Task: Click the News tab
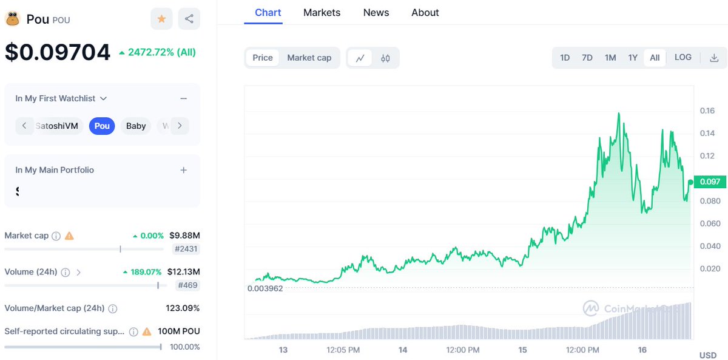tap(376, 13)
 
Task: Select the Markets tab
tap(322, 13)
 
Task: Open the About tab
tap(425, 13)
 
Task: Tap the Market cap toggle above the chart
tap(309, 58)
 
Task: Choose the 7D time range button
tap(587, 58)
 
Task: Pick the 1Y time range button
tap(633, 58)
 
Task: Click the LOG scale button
tap(682, 58)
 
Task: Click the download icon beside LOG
tap(714, 58)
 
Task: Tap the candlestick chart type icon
tap(385, 58)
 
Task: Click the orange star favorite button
tap(161, 19)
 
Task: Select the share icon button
tap(189, 19)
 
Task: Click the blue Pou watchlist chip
tap(102, 126)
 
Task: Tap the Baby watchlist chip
tap(136, 126)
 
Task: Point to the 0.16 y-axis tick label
tap(707, 111)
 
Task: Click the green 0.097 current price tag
tap(710, 182)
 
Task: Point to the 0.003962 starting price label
tap(265, 288)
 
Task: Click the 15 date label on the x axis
tap(523, 350)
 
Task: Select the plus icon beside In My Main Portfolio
tap(184, 170)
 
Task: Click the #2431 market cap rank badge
tap(186, 248)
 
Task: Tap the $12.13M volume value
tap(184, 271)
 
